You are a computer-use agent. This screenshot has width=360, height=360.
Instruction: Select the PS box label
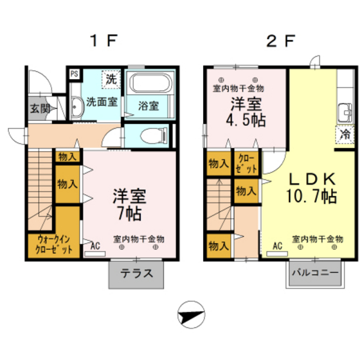[75, 74]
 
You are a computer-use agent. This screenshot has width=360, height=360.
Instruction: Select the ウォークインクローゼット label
[54, 244]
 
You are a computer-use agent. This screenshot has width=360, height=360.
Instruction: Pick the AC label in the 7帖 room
[95, 246]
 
